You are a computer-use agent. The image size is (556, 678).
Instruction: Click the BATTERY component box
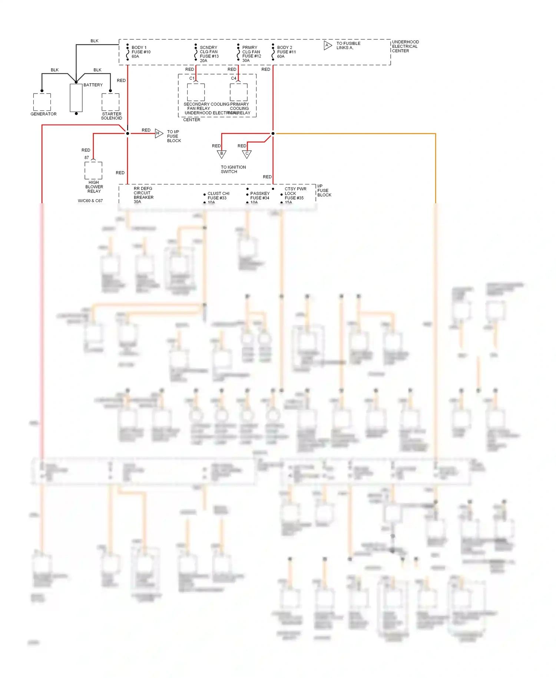click(x=76, y=98)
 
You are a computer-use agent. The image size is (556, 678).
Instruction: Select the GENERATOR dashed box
click(x=42, y=102)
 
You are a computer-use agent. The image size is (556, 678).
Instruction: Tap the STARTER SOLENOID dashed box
click(x=110, y=102)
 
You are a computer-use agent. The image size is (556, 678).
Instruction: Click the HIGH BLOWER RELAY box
click(x=93, y=171)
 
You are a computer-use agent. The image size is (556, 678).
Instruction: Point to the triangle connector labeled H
click(x=159, y=134)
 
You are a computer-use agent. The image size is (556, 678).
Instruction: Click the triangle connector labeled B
click(x=222, y=154)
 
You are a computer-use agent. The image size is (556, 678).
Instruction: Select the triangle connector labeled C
click(x=247, y=154)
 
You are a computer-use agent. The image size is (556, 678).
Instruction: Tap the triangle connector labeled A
click(x=327, y=46)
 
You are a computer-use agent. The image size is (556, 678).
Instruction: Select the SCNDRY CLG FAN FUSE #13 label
click(x=209, y=54)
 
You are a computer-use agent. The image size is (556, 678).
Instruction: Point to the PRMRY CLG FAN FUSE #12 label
click(x=251, y=54)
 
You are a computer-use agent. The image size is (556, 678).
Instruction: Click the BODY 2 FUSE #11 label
click(x=286, y=52)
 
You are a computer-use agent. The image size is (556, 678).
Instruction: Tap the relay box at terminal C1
click(x=196, y=92)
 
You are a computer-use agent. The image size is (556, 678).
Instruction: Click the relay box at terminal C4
click(x=239, y=92)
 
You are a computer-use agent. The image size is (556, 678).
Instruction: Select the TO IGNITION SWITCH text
click(x=233, y=169)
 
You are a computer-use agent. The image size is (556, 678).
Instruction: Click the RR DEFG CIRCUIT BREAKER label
click(x=143, y=195)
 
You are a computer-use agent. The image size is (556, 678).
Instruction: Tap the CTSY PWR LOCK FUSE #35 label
click(x=295, y=195)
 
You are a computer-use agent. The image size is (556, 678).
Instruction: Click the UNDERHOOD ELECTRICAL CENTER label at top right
click(x=405, y=46)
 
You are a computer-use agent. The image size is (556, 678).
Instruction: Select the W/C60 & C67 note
click(x=90, y=201)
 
